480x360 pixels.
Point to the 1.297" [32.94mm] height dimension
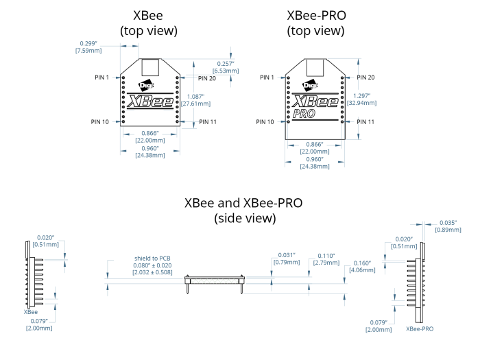coord(363,99)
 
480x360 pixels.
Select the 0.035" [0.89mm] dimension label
coord(446,226)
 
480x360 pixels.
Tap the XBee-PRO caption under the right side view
coord(420,329)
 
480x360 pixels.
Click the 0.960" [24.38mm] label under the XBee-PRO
coord(314,162)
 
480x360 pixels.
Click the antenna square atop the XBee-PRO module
coord(314,67)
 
